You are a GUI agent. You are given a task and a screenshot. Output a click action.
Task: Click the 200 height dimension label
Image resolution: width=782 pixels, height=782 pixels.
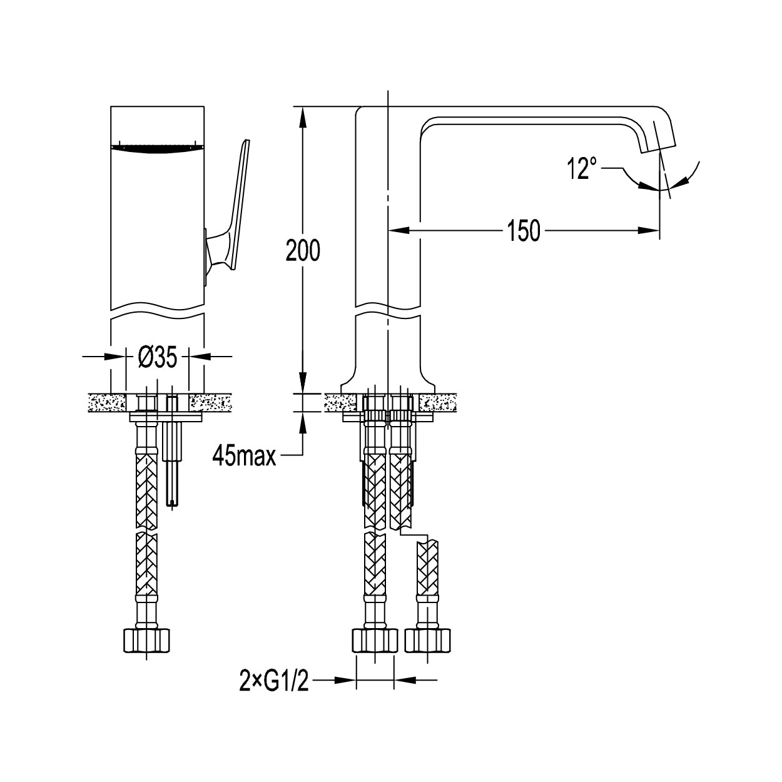point(303,250)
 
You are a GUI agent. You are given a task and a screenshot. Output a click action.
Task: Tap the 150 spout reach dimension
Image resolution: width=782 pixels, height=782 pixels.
point(524,230)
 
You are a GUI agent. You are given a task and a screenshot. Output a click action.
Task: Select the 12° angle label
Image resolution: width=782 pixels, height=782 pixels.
point(582,168)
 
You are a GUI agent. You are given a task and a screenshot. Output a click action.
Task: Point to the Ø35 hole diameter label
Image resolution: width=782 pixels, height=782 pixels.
point(158,357)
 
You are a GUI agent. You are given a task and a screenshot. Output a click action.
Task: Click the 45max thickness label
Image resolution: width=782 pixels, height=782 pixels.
point(244,456)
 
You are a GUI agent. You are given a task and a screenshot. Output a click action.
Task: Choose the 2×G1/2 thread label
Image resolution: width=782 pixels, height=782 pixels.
point(274,680)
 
